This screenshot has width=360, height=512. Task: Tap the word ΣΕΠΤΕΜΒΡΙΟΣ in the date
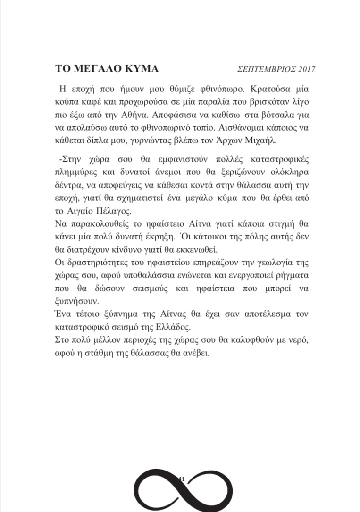pyautogui.click(x=267, y=70)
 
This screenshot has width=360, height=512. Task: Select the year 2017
pyautogui.click(x=306, y=70)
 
